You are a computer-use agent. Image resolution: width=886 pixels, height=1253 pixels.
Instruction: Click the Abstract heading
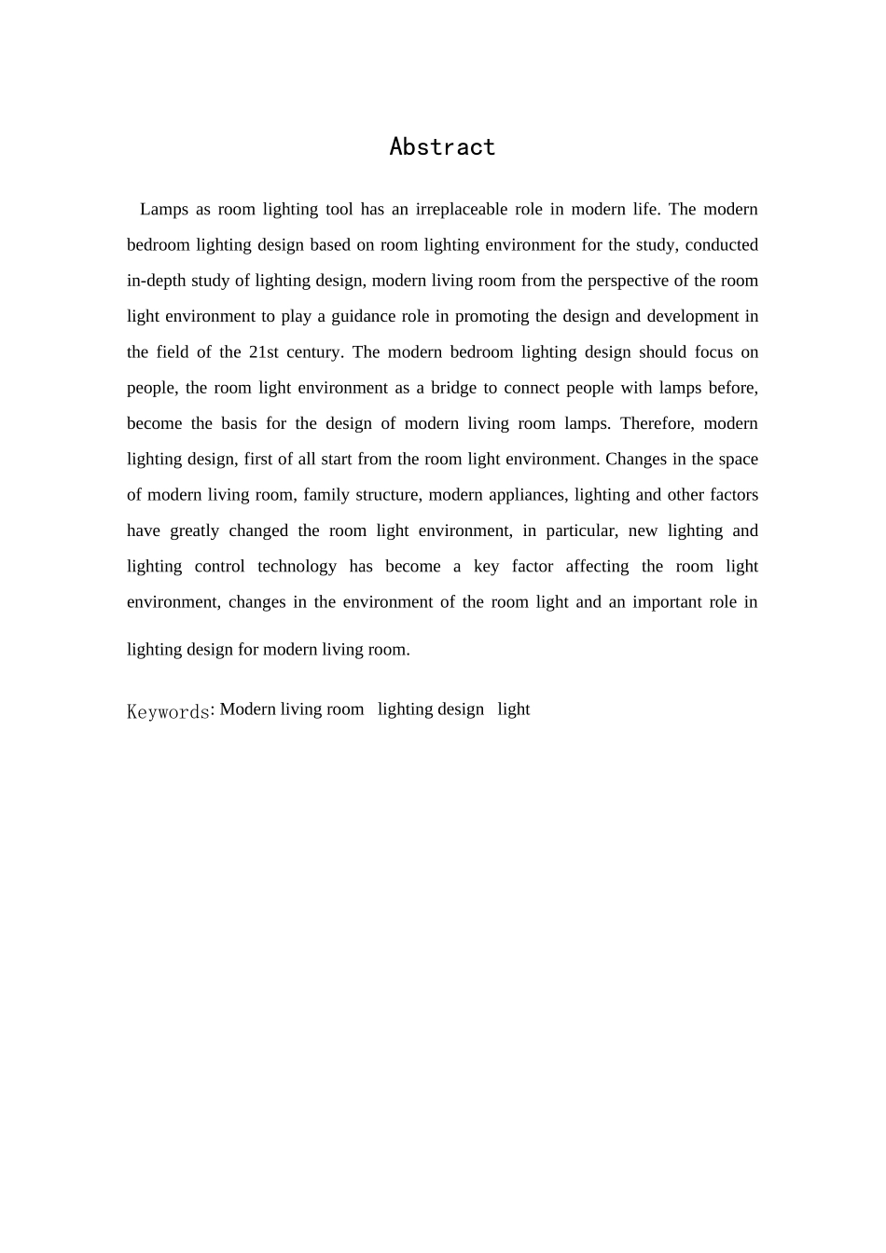click(442, 147)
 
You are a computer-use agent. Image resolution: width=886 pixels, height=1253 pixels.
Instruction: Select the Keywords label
click(168, 712)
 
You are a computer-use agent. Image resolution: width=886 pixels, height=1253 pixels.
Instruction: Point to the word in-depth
click(156, 281)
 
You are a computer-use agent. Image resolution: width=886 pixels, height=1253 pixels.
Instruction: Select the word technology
click(297, 567)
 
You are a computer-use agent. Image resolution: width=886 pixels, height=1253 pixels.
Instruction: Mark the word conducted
click(721, 245)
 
